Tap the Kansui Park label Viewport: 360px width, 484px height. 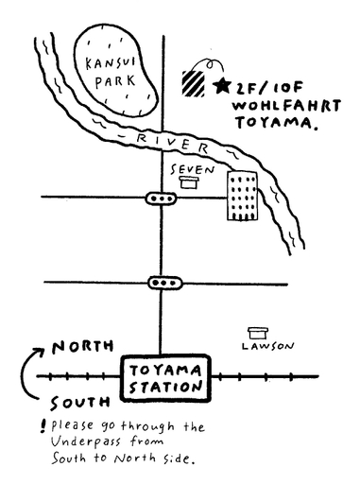(x=111, y=73)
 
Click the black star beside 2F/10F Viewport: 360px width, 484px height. (x=222, y=85)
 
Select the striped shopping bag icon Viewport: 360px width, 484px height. (x=194, y=83)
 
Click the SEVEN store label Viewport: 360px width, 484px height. (x=193, y=170)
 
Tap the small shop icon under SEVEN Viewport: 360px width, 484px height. (x=189, y=182)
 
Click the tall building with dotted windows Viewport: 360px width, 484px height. (x=242, y=196)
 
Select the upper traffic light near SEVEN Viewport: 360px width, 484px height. (x=161, y=199)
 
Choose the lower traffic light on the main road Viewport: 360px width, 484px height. (x=165, y=283)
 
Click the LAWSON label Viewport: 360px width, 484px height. (x=267, y=346)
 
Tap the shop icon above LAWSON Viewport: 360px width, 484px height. (x=258, y=333)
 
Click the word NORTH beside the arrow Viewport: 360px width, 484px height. (x=83, y=347)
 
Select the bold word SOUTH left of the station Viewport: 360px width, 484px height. (x=80, y=403)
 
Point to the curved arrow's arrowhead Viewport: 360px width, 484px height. (x=40, y=351)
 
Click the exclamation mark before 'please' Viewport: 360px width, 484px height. (x=43, y=426)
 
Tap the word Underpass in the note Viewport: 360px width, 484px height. (x=86, y=441)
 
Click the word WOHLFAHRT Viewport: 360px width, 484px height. (x=286, y=106)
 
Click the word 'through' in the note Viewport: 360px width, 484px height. (x=147, y=427)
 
